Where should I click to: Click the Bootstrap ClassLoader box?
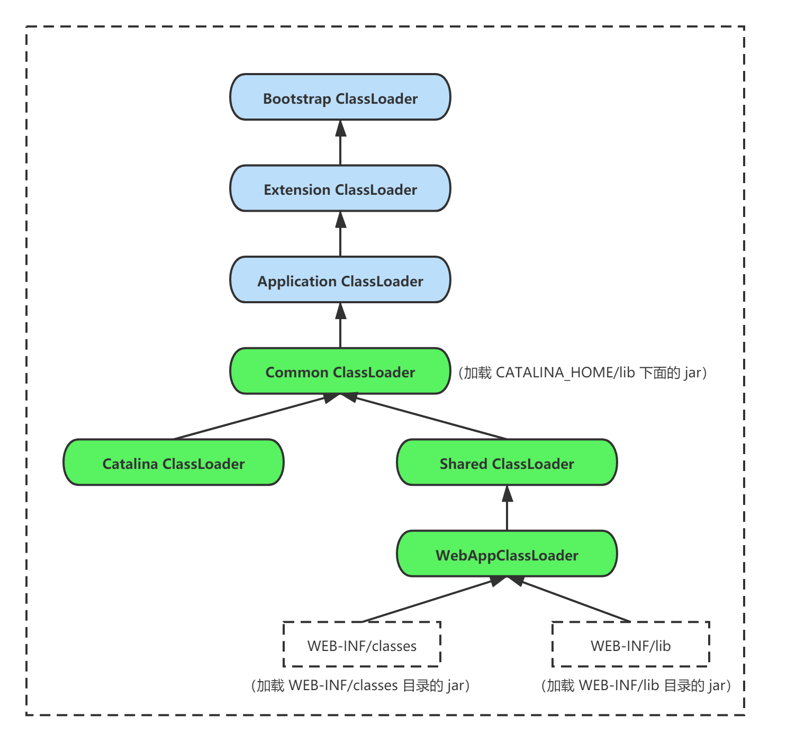pos(340,97)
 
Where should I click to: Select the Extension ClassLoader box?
pos(340,189)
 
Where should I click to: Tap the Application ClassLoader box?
pos(340,280)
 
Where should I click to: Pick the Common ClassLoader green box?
pos(340,372)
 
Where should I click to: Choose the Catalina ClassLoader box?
pos(173,463)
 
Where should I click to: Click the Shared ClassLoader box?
pos(506,463)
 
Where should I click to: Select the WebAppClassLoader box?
pos(506,554)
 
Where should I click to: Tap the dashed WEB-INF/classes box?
pos(362,645)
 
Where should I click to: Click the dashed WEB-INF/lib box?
pos(630,645)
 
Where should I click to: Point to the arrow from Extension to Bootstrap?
pos(340,143)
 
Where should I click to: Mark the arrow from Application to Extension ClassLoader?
pos(340,234)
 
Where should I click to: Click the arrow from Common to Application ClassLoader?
pos(340,325)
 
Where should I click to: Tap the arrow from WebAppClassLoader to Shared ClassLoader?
pos(507,508)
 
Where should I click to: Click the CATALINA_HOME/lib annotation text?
pos(582,373)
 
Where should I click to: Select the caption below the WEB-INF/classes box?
pos(360,686)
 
